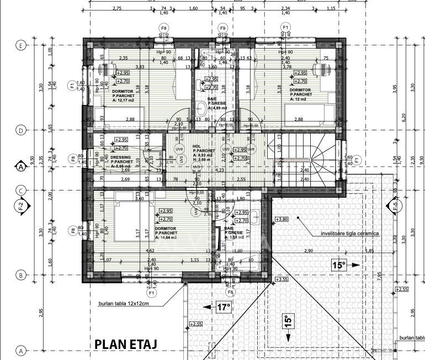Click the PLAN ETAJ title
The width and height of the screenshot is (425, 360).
point(126,343)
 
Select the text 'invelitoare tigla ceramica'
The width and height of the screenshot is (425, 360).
point(350,234)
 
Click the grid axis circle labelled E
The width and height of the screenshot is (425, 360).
point(21,46)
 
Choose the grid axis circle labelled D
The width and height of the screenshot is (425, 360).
point(21,131)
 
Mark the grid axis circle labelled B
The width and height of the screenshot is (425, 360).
point(21,275)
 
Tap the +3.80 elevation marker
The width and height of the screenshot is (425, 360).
point(281,219)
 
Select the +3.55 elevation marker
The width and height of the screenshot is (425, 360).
point(281,279)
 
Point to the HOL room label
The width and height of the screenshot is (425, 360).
point(196,146)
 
